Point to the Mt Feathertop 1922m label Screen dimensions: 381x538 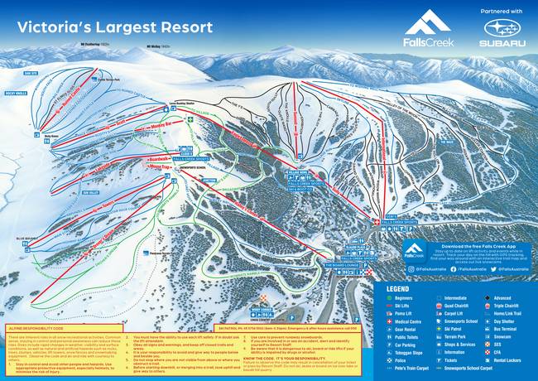(94, 42)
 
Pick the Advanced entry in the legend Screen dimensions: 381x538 (502, 297)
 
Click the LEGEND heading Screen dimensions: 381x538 (399, 287)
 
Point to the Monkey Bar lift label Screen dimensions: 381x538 (169, 123)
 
